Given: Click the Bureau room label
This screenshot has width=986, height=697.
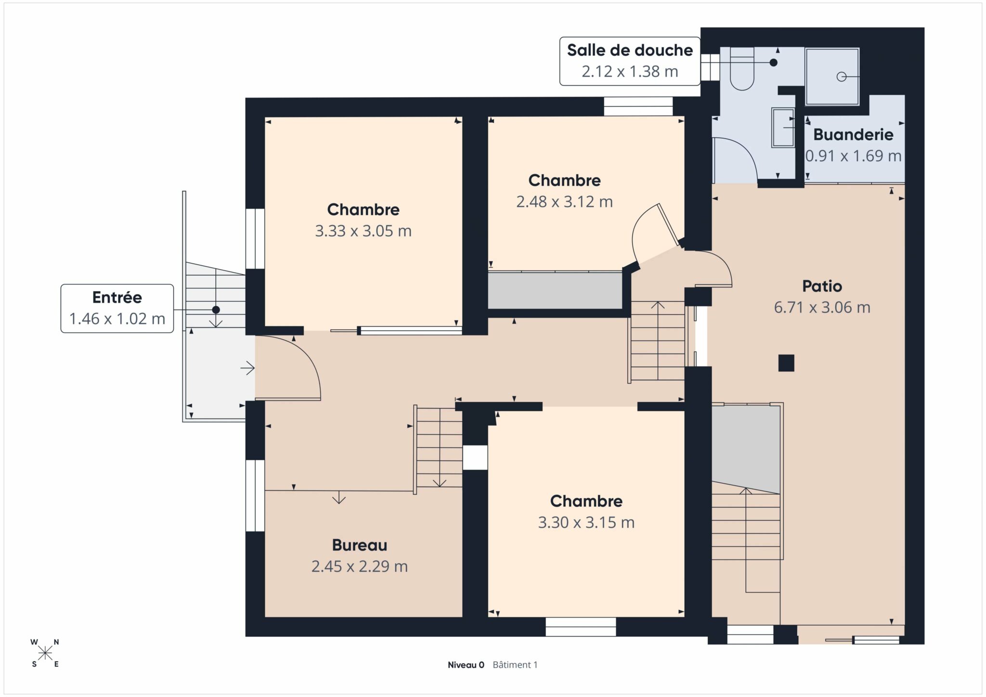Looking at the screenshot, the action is (360, 545).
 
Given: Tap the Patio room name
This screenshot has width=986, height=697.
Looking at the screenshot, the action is (822, 286).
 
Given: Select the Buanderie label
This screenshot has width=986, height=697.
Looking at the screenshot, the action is (853, 134).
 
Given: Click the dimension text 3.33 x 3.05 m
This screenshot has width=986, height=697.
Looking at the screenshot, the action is (363, 231).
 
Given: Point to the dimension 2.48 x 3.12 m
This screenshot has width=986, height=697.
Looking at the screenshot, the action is (564, 202).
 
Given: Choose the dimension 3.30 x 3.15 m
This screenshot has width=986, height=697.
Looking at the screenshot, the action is (586, 522).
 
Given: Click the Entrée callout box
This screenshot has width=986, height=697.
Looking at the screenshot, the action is (117, 309).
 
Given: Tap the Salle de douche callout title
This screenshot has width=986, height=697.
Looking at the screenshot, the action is (630, 50).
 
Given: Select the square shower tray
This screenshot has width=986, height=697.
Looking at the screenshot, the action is (832, 77).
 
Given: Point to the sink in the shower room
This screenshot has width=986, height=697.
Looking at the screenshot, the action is (783, 127).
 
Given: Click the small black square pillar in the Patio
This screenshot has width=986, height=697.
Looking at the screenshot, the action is (786, 363).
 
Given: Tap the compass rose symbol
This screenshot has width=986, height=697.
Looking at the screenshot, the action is (45, 653).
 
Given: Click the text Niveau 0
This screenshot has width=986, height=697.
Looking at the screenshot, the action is (466, 665).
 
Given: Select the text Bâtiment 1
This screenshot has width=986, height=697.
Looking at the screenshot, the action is (515, 665).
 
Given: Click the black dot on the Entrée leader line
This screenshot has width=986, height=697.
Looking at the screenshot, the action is (216, 310).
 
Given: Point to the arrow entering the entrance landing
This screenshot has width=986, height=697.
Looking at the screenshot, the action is (247, 368).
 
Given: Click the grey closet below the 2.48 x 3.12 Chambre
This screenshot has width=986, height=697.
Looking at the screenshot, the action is (555, 290).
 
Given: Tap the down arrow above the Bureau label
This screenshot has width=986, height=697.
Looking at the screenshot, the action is (339, 497).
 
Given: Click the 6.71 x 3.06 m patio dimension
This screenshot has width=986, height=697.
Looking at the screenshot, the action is (822, 308).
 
